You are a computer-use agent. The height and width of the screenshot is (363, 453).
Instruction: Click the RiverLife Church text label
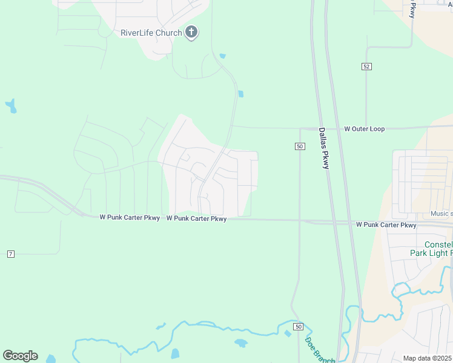[152, 33]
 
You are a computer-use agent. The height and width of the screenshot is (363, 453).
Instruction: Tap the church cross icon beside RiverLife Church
[191, 32]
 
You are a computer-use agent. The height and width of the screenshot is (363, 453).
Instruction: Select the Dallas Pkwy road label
[324, 148]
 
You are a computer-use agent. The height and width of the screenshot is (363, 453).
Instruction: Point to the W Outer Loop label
[364, 129]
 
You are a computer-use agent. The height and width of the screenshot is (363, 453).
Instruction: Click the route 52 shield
[366, 66]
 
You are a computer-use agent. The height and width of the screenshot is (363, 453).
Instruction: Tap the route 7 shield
[10, 254]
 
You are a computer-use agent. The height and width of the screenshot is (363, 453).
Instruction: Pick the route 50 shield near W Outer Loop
[299, 146]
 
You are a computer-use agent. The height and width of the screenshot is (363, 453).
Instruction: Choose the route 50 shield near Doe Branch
[298, 327]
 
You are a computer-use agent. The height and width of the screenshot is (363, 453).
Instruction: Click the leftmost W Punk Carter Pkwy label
[130, 217]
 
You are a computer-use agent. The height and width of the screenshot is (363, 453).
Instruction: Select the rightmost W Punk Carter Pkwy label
[386, 224]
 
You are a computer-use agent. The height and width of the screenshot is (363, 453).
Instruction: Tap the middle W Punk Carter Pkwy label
[196, 218]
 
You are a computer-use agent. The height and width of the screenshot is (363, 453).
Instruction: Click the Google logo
[20, 356]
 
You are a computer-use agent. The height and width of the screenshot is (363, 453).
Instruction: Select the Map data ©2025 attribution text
[428, 358]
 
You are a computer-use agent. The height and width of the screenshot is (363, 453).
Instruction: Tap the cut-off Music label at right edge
[441, 214]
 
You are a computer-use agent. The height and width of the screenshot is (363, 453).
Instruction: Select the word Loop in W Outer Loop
[377, 129]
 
